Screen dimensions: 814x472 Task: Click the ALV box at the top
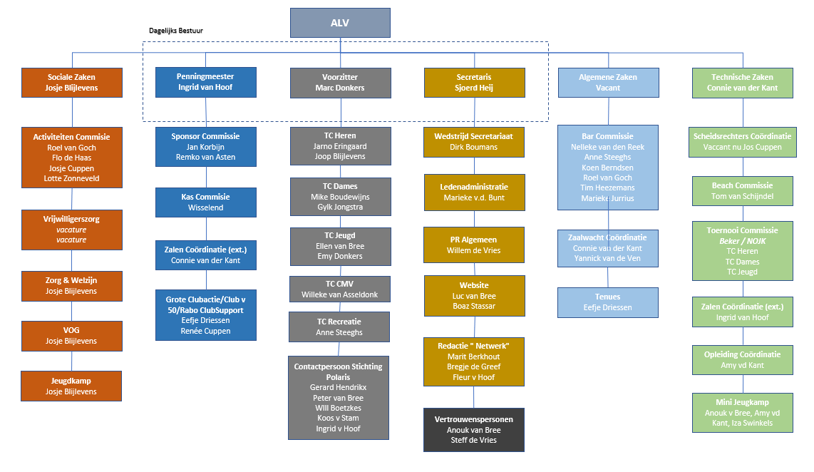[340, 23]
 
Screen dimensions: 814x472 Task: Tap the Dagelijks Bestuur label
[176, 31]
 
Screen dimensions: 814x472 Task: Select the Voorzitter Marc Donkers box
[340, 83]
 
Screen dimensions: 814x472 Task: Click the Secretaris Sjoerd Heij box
[474, 83]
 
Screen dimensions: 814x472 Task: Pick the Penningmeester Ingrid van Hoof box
[205, 82]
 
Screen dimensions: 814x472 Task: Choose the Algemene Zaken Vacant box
[608, 83]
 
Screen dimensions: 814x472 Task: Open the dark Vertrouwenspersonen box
[473, 430]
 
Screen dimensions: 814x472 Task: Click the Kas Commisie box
[205, 202]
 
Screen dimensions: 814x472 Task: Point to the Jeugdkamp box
[71, 386]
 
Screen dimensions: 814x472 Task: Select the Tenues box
[607, 302]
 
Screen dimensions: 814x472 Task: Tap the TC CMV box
[339, 289]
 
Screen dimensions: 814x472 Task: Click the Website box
[474, 296]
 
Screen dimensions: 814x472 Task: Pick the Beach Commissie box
[742, 191]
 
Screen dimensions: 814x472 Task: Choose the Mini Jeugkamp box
[742, 413]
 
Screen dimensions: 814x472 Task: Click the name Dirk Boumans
[473, 147]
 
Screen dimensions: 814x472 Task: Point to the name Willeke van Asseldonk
[339, 295]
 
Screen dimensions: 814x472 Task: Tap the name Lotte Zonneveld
[72, 179]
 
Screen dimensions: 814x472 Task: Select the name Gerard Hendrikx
[338, 387]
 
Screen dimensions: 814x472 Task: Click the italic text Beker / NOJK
[742, 241]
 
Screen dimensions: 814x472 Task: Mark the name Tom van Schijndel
[742, 196]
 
